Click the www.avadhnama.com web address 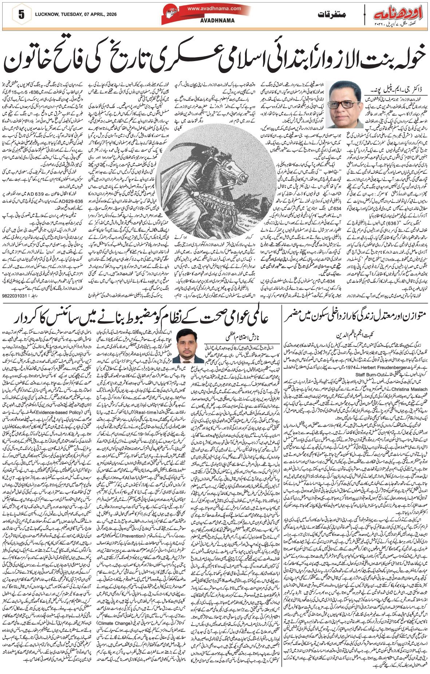[214, 8]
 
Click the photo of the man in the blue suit [188, 345]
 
